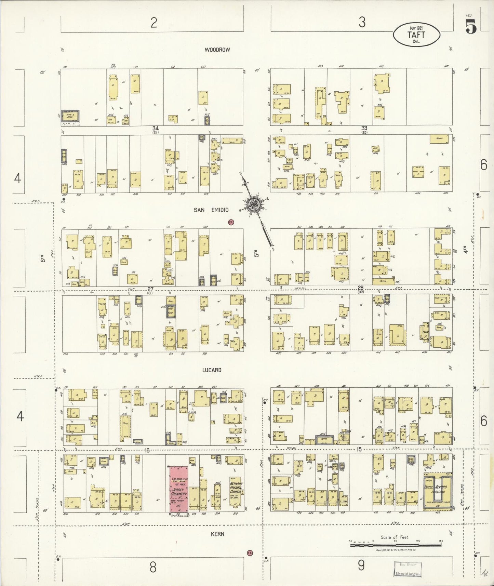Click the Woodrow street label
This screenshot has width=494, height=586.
click(x=217, y=50)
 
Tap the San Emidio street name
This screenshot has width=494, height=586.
click(x=211, y=210)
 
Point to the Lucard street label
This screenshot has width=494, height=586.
click(x=212, y=370)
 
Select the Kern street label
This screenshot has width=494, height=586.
click(x=217, y=534)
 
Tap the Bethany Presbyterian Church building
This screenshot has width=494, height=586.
click(x=236, y=491)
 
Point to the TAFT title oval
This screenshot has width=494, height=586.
click(x=416, y=35)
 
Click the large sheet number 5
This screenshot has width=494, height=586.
click(x=471, y=27)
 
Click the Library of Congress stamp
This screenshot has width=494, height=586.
click(x=408, y=569)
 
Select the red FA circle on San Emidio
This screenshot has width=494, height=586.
click(x=231, y=222)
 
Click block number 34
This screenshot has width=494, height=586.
click(x=156, y=128)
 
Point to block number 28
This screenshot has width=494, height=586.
click(x=361, y=288)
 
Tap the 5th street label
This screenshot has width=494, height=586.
click(x=256, y=253)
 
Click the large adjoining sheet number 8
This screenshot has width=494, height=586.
click(x=153, y=567)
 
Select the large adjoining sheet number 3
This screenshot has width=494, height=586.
click(x=362, y=22)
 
